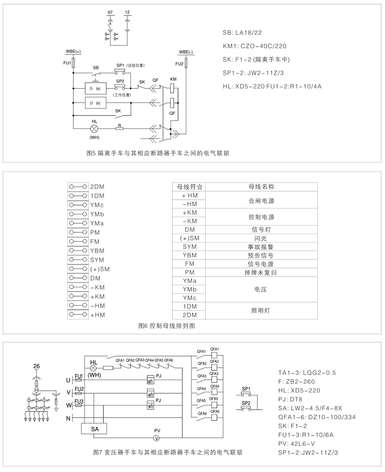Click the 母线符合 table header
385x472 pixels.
(x=190, y=186)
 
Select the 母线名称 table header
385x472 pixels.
(x=261, y=186)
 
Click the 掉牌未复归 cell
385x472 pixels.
(x=261, y=272)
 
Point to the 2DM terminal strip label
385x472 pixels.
(x=98, y=187)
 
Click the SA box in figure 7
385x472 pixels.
(x=94, y=428)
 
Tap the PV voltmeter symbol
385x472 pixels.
(x=156, y=438)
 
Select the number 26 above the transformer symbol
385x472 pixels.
(x=36, y=366)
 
